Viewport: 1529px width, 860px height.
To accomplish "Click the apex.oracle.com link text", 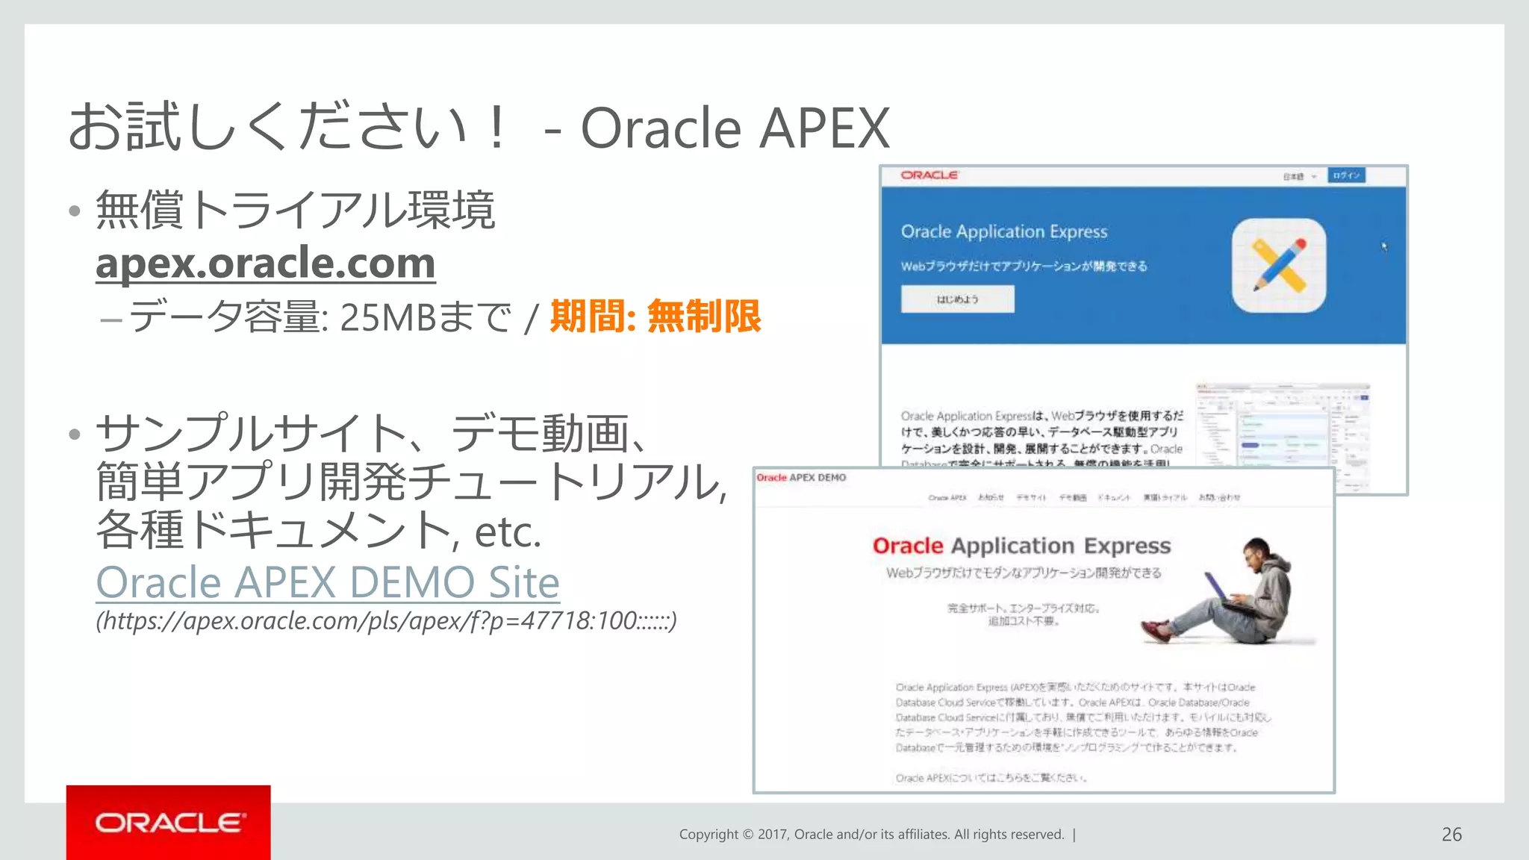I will pos(265,263).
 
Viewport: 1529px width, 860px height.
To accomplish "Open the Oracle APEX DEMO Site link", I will pos(328,582).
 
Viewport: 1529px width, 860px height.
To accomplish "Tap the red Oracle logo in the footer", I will pos(169,823).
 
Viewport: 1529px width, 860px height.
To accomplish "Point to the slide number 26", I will pos(1451,835).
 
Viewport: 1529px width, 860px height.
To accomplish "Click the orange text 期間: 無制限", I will pos(655,317).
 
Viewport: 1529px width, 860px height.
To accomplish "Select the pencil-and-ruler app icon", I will pos(1279,266).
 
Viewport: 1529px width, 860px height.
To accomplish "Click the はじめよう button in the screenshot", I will pos(957,299).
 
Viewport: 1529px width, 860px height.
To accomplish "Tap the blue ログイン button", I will pos(1346,175).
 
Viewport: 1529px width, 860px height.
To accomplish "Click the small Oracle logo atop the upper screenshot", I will pos(929,175).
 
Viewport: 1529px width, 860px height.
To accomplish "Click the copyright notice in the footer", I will pos(871,835).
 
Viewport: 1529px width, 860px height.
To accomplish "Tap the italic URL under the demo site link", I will pos(386,621).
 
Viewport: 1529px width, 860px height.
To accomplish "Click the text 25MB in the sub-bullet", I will pos(387,318).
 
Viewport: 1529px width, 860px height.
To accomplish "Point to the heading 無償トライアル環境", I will pos(296,210).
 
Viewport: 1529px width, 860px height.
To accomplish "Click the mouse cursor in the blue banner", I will pos(1383,246).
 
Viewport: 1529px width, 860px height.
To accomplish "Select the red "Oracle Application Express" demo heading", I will pos(1021,546).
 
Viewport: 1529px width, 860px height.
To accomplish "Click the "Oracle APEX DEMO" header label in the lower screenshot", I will pos(801,478).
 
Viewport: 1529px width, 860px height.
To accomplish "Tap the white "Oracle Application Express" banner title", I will pos(1003,232).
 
